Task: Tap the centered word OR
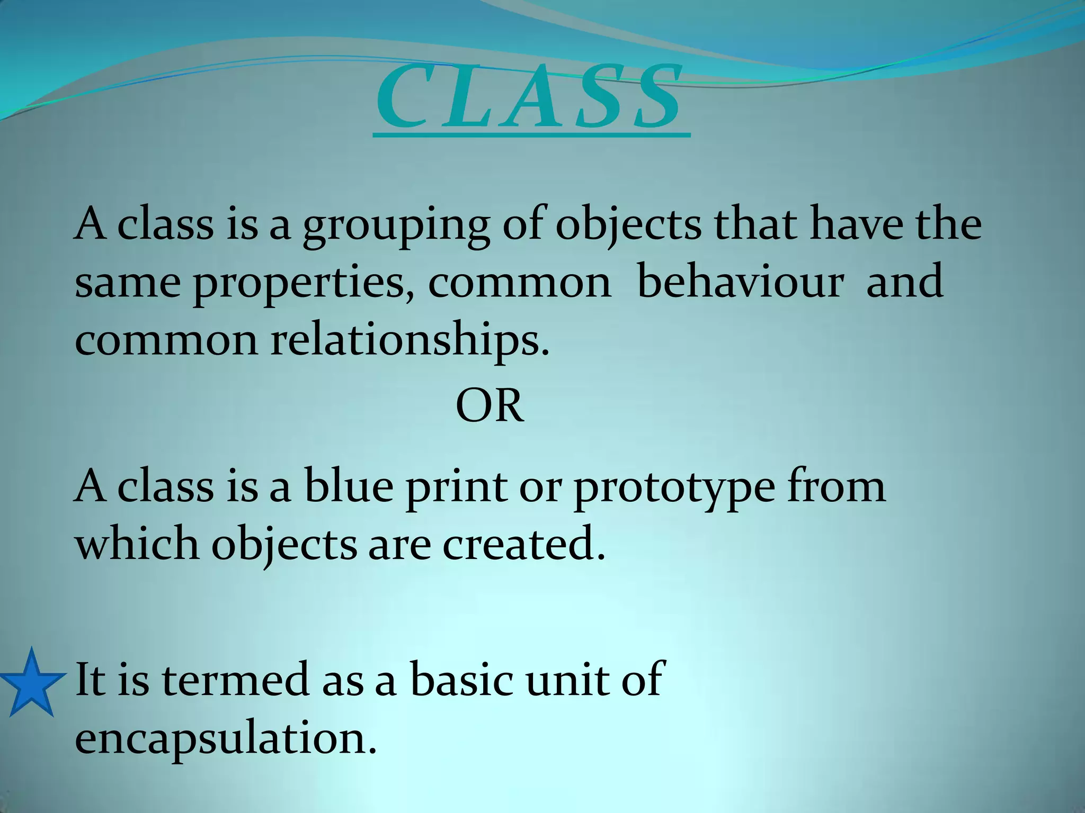pos(490,406)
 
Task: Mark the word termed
pos(236,680)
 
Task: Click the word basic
pos(461,680)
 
